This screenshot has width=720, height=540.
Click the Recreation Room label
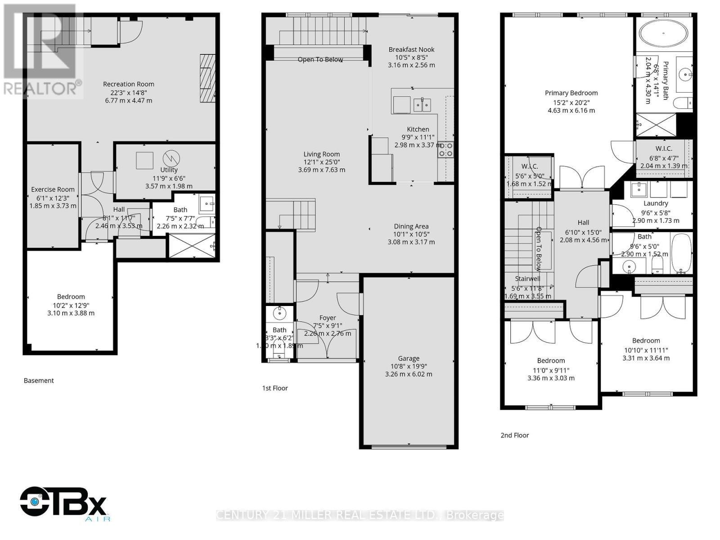pos(128,84)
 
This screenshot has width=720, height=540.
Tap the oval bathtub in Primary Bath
pos(664,33)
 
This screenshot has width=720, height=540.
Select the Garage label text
pos(409,359)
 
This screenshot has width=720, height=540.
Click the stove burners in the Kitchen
pos(445,149)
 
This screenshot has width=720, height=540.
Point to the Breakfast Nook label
pos(411,49)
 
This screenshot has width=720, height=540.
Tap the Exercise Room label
pos(53,189)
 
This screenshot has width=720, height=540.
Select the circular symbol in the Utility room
pos(171,158)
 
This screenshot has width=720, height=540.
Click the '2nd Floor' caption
pos(514,435)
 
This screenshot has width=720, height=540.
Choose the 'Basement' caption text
pos(39,381)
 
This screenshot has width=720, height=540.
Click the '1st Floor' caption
pos(275,388)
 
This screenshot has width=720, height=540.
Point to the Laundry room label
pos(656,203)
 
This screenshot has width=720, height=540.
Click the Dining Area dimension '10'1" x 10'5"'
pos(411,234)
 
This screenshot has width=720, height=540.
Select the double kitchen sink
pos(422,105)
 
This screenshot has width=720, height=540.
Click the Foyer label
pos(328,318)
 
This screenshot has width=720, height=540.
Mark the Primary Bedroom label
pos(571,93)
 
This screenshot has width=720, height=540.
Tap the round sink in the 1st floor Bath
pos(279,311)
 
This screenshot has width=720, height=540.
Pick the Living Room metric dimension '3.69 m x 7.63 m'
pos(321,170)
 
